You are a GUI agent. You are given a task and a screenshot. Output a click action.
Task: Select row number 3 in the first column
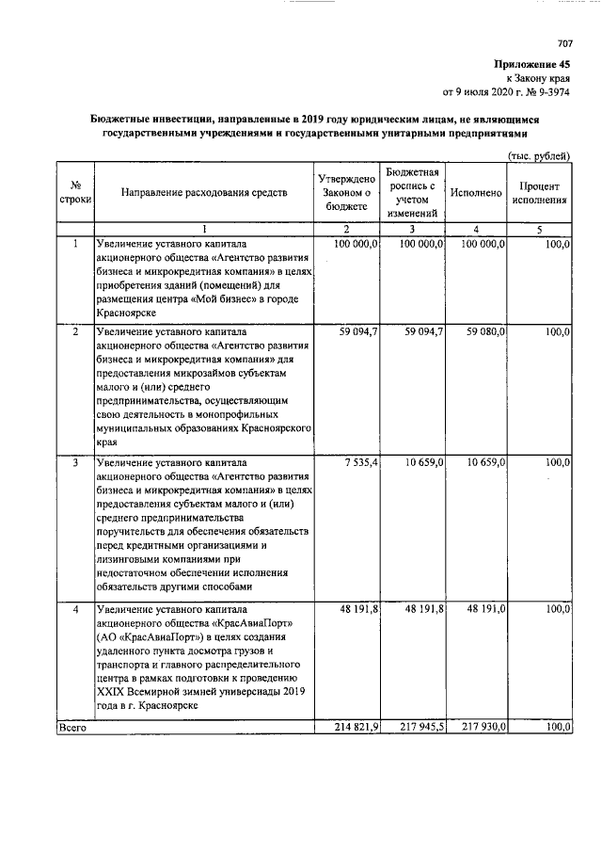click(74, 463)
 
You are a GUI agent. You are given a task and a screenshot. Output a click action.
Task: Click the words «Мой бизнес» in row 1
click(227, 299)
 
